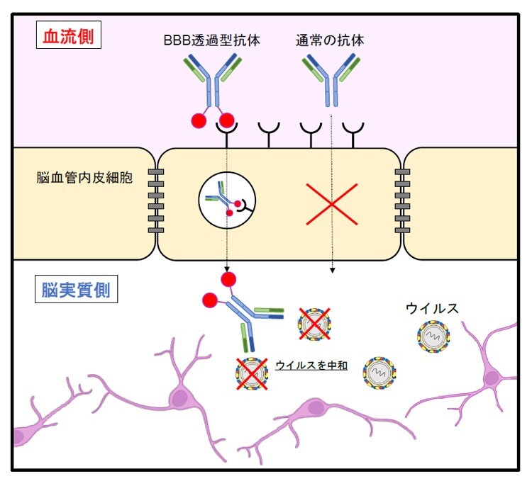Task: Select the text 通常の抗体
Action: coord(330,40)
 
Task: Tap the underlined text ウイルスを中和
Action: coord(311,366)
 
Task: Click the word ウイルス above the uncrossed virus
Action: coord(433,308)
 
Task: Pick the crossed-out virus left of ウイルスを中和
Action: coord(252,374)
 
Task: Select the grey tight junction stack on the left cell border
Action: coord(157,202)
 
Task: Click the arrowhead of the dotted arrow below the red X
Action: coord(332,270)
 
